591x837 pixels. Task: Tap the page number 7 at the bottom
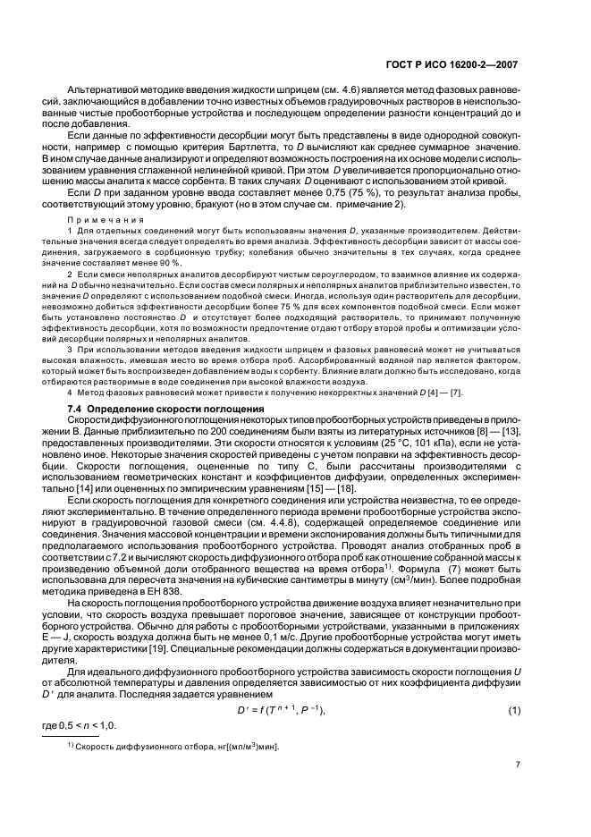coord(517,765)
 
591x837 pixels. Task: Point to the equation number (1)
coord(514,684)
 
